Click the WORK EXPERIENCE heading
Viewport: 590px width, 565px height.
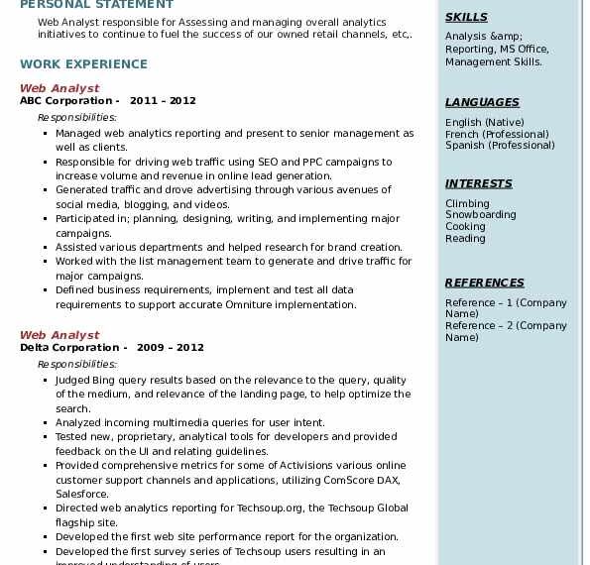click(x=83, y=64)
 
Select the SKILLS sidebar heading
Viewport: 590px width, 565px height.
click(x=466, y=17)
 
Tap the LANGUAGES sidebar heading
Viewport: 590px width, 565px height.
click(x=482, y=102)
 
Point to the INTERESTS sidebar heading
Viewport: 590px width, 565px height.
click(x=478, y=183)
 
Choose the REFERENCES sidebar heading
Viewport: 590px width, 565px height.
click(x=484, y=282)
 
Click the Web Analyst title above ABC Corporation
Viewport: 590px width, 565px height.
click(x=59, y=88)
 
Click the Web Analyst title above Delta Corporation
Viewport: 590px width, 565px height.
click(x=59, y=335)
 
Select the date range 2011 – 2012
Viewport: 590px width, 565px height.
click(x=163, y=101)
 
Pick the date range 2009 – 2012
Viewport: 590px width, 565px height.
click(x=171, y=348)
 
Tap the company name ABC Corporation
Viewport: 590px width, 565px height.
click(x=65, y=101)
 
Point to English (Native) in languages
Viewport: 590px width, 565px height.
click(x=485, y=122)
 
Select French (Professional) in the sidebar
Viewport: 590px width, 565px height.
click(x=497, y=134)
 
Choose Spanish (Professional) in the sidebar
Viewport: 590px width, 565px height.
click(x=500, y=146)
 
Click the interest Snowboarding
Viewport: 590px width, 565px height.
click(x=480, y=215)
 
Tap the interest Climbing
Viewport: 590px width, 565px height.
click(x=467, y=203)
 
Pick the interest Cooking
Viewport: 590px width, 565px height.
click(x=465, y=227)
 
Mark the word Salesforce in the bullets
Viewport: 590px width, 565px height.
click(x=82, y=494)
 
